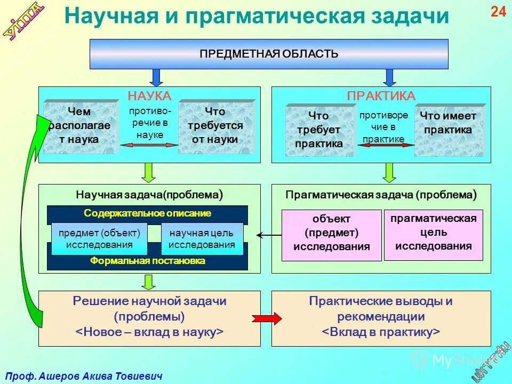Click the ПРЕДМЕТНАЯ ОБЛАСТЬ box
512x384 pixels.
[269, 54]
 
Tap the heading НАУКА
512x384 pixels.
[149, 96]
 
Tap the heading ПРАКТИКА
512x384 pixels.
[381, 96]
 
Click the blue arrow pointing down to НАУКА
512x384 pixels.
[156, 77]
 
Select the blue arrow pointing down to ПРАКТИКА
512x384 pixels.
[390, 77]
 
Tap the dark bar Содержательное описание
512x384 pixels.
[147, 213]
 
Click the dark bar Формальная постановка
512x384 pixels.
[147, 261]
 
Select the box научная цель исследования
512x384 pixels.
[202, 239]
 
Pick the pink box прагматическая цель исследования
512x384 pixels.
[433, 233]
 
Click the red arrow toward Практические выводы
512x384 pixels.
[266, 318]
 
